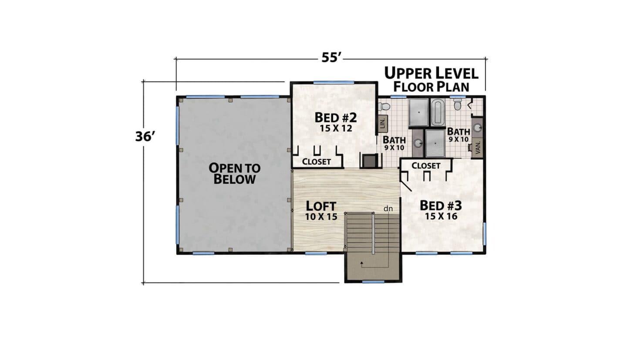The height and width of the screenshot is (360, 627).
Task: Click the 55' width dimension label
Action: coord(331,57)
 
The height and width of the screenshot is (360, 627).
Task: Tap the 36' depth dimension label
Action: coord(145,136)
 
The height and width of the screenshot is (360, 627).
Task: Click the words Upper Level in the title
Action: coord(431,73)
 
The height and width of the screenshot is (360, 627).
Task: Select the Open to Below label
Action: coord(235,174)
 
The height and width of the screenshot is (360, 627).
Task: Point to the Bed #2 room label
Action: coord(336,118)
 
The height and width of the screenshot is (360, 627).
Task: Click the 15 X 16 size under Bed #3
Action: coord(441,216)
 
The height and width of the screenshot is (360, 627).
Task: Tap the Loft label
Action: coord(321,206)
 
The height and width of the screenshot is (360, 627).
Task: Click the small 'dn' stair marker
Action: coord(388,209)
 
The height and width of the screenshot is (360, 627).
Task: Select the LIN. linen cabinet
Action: coord(383,124)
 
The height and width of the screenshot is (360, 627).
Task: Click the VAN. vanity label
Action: coord(478,147)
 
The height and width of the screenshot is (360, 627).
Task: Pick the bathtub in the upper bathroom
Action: coord(438,112)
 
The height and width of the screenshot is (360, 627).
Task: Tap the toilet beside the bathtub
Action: coord(458,103)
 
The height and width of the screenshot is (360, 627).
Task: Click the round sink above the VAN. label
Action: coord(478,128)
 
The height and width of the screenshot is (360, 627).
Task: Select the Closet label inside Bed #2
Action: coord(316,162)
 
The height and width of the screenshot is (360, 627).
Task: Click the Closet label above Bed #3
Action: coord(426,166)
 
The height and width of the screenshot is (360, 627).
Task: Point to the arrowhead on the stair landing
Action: coord(362,263)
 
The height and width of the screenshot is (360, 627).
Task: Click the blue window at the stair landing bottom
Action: coord(374,282)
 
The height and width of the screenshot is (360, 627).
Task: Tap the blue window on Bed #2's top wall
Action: coord(334,83)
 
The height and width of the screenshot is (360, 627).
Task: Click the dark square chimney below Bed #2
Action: coord(370,161)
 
